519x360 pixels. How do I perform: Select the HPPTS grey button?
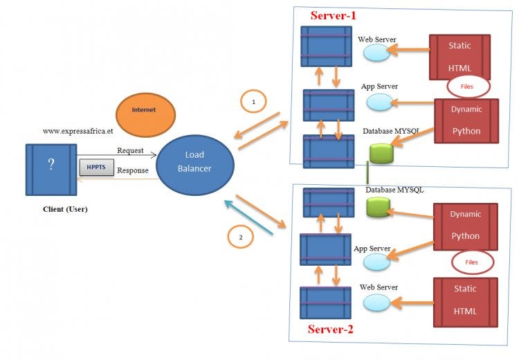coord(96,167)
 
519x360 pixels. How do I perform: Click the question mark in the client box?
coord(51,164)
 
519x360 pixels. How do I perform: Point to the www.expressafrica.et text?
coord(77,130)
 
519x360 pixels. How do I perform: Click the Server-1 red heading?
coord(334,15)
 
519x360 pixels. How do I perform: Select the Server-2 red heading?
coord(330,330)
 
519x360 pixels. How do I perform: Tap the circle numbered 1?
coord(253,102)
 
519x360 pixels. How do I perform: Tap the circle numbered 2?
coord(240,237)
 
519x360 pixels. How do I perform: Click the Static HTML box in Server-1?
coord(459,57)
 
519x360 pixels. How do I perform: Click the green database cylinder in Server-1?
coord(381,153)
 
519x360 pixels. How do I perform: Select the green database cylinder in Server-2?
coord(378,206)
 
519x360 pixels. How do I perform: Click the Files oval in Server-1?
coord(468,87)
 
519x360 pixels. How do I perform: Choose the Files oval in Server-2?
coord(472,262)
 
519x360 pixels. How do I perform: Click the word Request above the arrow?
coord(130,150)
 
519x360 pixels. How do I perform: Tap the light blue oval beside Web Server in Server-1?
coord(377,53)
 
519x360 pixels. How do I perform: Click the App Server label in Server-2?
coord(372,249)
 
